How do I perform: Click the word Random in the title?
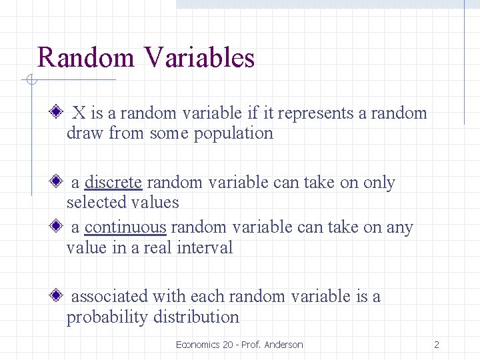pyautogui.click(x=86, y=57)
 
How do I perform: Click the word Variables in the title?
pyautogui.click(x=199, y=57)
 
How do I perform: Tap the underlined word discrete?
pyautogui.click(x=113, y=183)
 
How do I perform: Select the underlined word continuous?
pyautogui.click(x=125, y=227)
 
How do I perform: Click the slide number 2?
pyautogui.click(x=436, y=345)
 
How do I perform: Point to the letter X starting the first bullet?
pyautogui.click(x=78, y=113)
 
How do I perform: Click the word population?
pyautogui.click(x=233, y=133)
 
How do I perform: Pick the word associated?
pyautogui.click(x=109, y=296)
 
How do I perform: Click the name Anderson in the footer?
pyautogui.click(x=283, y=345)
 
